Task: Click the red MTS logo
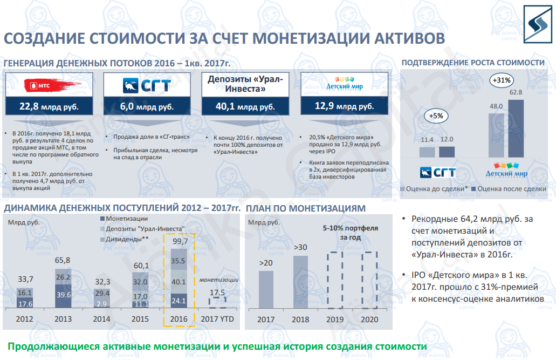point(50,86)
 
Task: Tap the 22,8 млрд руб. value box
point(49,106)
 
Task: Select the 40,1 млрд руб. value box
point(245,106)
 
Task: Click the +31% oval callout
point(502,80)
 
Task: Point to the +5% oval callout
point(436,116)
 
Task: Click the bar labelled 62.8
point(516,128)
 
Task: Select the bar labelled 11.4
point(427,152)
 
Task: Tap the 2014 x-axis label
point(101,319)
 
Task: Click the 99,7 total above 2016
point(180,241)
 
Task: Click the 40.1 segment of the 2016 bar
point(179,282)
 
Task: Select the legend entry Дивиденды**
point(125,239)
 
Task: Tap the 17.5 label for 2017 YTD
point(217,293)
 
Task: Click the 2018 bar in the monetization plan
point(300,282)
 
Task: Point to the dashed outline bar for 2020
point(369,280)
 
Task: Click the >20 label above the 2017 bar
point(265,263)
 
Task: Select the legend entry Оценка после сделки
point(509,189)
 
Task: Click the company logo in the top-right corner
point(538,24)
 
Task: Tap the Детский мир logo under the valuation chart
point(506,170)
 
